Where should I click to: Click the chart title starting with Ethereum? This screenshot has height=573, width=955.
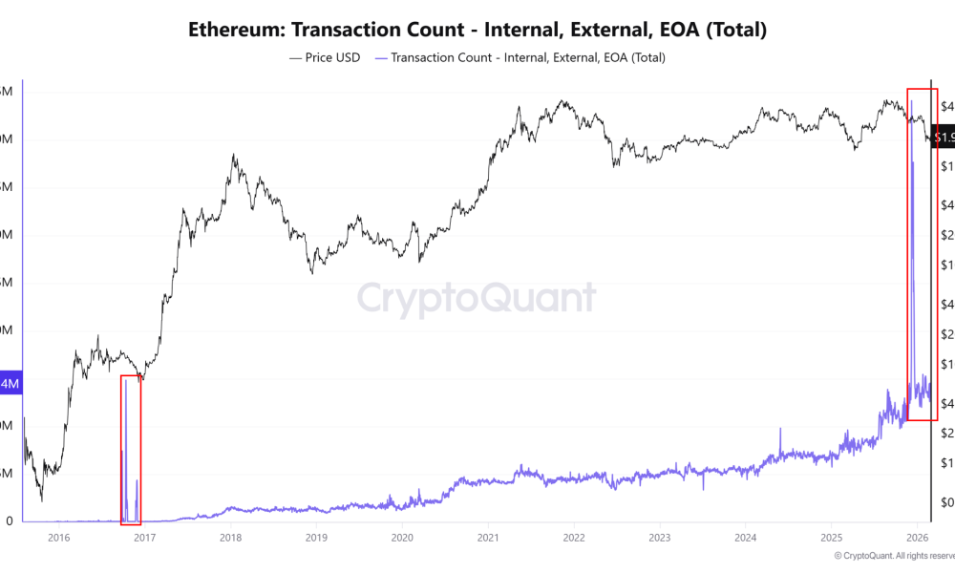pyautogui.click(x=477, y=30)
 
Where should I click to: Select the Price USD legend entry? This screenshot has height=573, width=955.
pyautogui.click(x=325, y=57)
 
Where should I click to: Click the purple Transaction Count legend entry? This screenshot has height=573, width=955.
pyautogui.click(x=520, y=57)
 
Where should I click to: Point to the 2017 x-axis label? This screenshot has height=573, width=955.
pyautogui.click(x=144, y=539)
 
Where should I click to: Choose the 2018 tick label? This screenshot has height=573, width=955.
pyautogui.click(x=230, y=539)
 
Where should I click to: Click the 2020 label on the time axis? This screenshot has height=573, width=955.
pyautogui.click(x=401, y=539)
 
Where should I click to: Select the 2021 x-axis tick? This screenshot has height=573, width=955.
pyautogui.click(x=488, y=539)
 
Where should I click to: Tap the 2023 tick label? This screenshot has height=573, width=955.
pyautogui.click(x=660, y=539)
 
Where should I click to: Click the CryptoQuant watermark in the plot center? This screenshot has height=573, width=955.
pyautogui.click(x=477, y=298)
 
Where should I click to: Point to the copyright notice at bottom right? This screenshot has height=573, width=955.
pyautogui.click(x=893, y=556)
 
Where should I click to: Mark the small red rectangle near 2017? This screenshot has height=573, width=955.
pyautogui.click(x=131, y=449)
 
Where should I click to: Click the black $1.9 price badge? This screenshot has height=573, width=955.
pyautogui.click(x=944, y=138)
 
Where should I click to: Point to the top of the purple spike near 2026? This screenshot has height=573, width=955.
pyautogui.click(x=912, y=100)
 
